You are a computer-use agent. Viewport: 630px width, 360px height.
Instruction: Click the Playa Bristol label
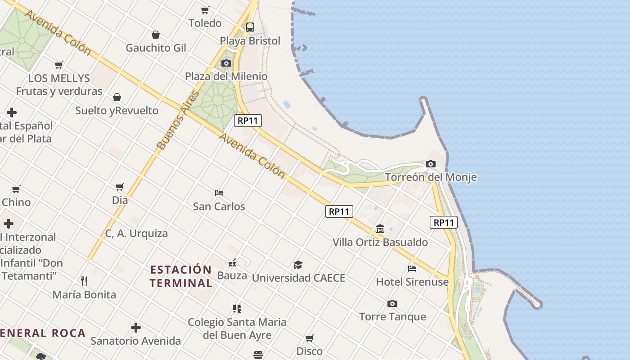click(x=250, y=41)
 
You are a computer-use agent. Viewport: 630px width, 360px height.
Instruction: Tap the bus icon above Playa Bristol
click(x=250, y=27)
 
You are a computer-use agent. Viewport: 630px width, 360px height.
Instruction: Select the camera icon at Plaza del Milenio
click(x=226, y=63)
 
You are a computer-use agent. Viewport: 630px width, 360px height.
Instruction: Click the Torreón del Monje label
click(x=431, y=177)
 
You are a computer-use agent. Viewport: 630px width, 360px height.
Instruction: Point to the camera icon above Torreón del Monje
click(x=431, y=164)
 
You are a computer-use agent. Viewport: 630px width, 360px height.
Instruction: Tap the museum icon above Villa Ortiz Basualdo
click(x=380, y=229)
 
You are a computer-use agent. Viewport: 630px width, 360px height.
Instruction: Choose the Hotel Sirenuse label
click(x=412, y=282)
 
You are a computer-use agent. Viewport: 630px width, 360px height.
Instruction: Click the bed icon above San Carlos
click(x=219, y=193)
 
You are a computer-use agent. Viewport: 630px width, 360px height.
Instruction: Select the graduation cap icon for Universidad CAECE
click(x=298, y=265)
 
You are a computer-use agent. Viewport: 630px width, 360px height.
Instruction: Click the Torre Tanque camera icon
click(x=392, y=303)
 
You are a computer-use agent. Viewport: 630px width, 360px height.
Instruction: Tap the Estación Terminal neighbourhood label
click(x=181, y=276)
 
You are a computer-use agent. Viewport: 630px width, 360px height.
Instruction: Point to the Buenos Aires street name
click(x=178, y=120)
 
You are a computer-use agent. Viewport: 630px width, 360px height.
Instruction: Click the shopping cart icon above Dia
click(x=120, y=187)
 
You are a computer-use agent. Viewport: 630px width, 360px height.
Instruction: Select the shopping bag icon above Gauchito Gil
click(x=156, y=35)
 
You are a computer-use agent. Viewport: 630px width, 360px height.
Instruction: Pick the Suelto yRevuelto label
click(x=117, y=111)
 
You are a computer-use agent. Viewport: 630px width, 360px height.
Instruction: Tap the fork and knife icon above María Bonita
click(x=84, y=281)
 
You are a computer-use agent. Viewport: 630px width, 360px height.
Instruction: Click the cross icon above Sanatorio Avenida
click(x=135, y=327)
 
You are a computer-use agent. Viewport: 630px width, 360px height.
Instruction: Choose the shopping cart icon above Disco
click(x=310, y=338)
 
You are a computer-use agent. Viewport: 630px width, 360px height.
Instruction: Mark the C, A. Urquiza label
click(x=136, y=234)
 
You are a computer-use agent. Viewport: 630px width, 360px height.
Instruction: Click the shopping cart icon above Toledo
click(x=205, y=10)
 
